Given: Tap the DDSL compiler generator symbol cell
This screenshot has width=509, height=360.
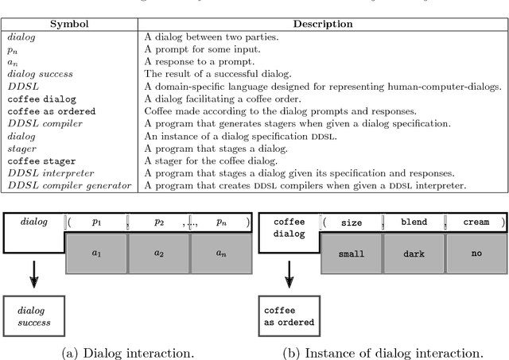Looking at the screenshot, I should (x=69, y=185).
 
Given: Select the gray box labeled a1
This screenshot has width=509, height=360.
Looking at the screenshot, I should (x=96, y=254).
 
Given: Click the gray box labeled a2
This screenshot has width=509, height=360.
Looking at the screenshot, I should (x=158, y=254).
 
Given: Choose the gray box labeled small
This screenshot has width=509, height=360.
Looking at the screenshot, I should (x=351, y=254).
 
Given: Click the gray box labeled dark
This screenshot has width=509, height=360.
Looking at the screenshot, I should (x=414, y=254).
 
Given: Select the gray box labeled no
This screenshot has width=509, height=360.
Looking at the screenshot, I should (x=476, y=254).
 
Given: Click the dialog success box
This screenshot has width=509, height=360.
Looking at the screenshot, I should (x=33, y=315).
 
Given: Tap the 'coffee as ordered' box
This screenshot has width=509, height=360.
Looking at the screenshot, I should (x=289, y=315).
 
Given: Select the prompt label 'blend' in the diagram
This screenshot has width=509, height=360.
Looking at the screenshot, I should (x=414, y=223).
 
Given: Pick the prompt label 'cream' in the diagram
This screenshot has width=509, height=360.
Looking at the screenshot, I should (x=476, y=223).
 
